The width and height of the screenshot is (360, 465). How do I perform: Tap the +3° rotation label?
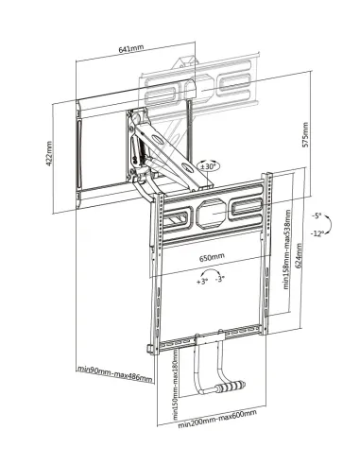202,281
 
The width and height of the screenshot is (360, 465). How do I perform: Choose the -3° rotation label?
219,281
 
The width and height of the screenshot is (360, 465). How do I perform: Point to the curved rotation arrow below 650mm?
211,271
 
